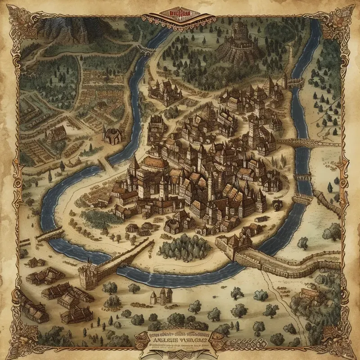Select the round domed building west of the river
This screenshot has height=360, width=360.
[112, 134]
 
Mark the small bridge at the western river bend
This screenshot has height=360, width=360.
[49, 234]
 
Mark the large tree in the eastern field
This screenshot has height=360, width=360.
[332, 232]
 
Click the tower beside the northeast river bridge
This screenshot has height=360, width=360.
[284, 81]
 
